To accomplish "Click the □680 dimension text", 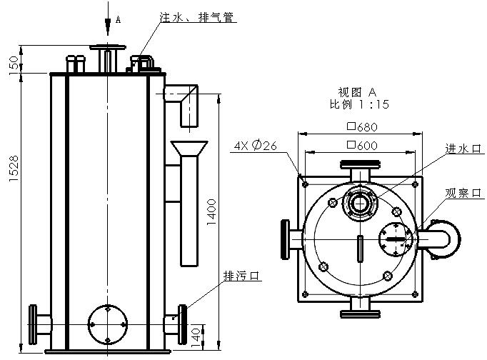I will point(360,127).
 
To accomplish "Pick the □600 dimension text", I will point(360,146).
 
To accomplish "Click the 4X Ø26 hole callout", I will point(255,146).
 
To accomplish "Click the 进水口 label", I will point(461,149).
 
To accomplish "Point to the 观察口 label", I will point(461,193).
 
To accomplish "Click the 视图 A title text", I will point(357,92).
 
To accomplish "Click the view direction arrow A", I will point(108,24).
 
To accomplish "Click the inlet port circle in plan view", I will point(359,202).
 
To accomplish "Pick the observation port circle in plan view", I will point(395,239).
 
